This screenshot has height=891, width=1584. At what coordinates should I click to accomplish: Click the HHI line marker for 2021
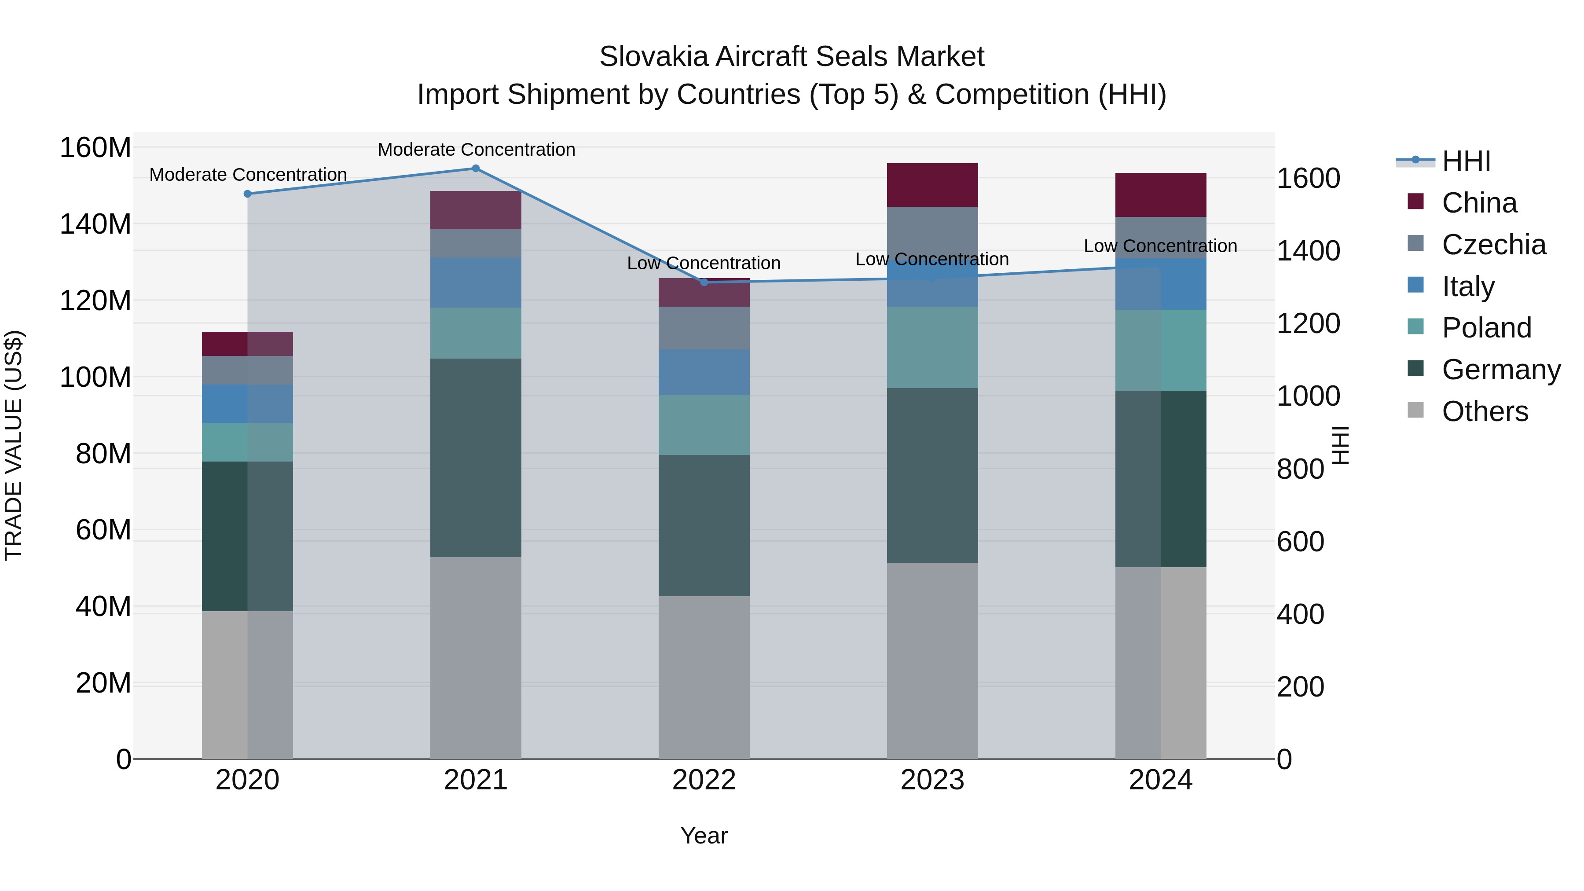475,169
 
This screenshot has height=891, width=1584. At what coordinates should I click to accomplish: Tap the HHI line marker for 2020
247,194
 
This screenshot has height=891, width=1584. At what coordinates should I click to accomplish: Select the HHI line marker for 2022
704,282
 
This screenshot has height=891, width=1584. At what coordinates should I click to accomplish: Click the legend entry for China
1479,203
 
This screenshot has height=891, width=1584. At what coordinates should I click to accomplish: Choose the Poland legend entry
1486,328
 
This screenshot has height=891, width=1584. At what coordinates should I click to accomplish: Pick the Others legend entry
1485,411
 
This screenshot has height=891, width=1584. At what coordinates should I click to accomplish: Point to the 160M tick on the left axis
95,148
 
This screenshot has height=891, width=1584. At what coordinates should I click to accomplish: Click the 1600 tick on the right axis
1308,178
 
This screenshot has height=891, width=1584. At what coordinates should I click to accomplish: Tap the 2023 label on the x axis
932,780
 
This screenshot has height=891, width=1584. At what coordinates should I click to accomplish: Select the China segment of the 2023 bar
932,185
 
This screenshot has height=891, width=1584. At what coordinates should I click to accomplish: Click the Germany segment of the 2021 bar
475,458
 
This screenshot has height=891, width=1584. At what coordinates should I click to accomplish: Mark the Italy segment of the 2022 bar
704,372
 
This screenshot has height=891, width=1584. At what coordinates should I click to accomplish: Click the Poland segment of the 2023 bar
932,348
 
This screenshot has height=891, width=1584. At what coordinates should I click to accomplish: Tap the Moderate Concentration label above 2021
476,150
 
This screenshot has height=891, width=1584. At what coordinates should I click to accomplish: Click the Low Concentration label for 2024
1160,246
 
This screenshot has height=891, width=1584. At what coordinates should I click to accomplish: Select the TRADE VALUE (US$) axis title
14,445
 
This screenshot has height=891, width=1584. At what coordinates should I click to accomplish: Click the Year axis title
704,836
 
